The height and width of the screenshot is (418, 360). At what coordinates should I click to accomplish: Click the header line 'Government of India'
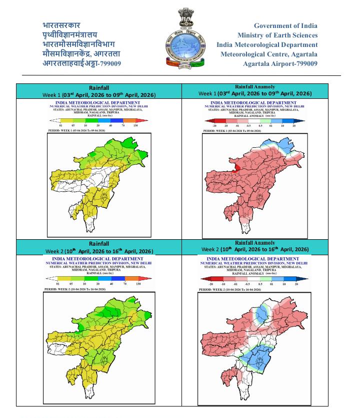pos(285,26)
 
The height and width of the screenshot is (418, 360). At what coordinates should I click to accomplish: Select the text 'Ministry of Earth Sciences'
pos(277,35)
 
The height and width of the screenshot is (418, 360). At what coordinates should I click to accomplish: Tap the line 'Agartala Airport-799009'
pos(280,64)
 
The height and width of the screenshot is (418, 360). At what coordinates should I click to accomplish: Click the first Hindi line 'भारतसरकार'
pos(61,25)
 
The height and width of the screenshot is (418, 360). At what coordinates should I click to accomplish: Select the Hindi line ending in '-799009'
pos(81,63)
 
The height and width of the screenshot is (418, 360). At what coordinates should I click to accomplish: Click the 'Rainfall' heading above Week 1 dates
pos(98,88)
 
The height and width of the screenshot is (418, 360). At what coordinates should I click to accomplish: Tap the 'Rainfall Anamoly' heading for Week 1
pos(255,87)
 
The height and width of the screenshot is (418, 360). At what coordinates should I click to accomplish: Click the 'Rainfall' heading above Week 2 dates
pos(98,244)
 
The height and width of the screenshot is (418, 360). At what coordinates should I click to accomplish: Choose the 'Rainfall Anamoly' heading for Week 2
pos(255,243)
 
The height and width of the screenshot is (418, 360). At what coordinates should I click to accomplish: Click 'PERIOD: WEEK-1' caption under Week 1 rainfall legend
pos(76,131)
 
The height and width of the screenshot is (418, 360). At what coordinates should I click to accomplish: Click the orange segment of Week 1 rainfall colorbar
pos(129,120)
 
